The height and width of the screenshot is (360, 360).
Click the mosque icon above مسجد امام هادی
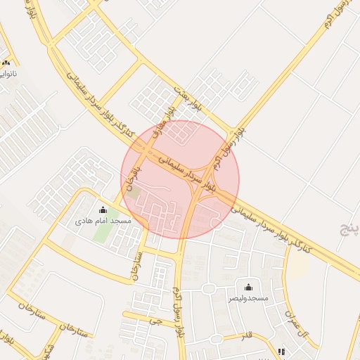(103, 210)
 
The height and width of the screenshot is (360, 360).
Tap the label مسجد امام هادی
(103, 220)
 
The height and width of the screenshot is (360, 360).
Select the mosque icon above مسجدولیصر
(247, 287)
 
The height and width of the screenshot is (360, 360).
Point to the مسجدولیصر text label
(248, 298)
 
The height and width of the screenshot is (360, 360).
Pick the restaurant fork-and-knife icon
(282, 352)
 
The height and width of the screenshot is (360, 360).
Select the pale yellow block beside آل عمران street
(299, 264)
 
